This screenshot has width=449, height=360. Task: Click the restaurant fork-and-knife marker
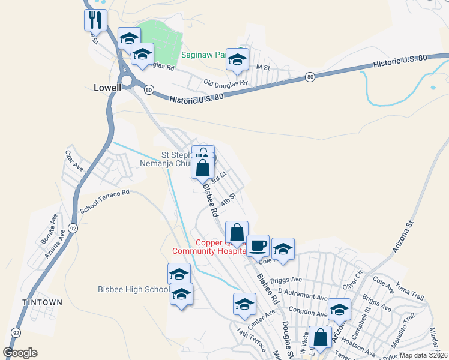pos(95,20)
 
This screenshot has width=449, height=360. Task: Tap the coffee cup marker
pos(258,245)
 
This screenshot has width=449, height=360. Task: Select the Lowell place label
pos(107,87)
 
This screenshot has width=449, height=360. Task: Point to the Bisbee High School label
pos(133,290)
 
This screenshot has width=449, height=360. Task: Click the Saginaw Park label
pos(203,55)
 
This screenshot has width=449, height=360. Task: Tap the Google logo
pos(20,353)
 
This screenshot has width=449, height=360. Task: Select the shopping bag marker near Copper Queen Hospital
pos(237,232)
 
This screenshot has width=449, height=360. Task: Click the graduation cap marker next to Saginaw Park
pos(238,59)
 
